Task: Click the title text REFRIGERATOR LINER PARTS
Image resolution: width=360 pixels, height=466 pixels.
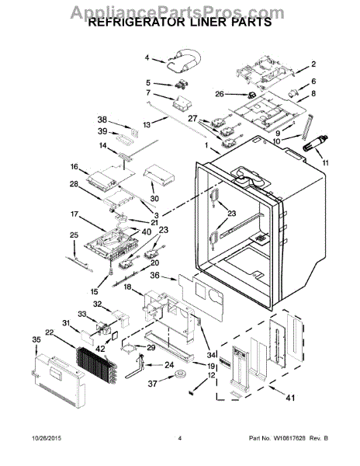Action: click(179, 23)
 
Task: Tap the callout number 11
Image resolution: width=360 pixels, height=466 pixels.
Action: click(327, 163)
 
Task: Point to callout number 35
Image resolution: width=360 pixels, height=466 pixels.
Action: click(36, 339)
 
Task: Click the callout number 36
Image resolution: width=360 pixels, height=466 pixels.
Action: click(155, 274)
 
